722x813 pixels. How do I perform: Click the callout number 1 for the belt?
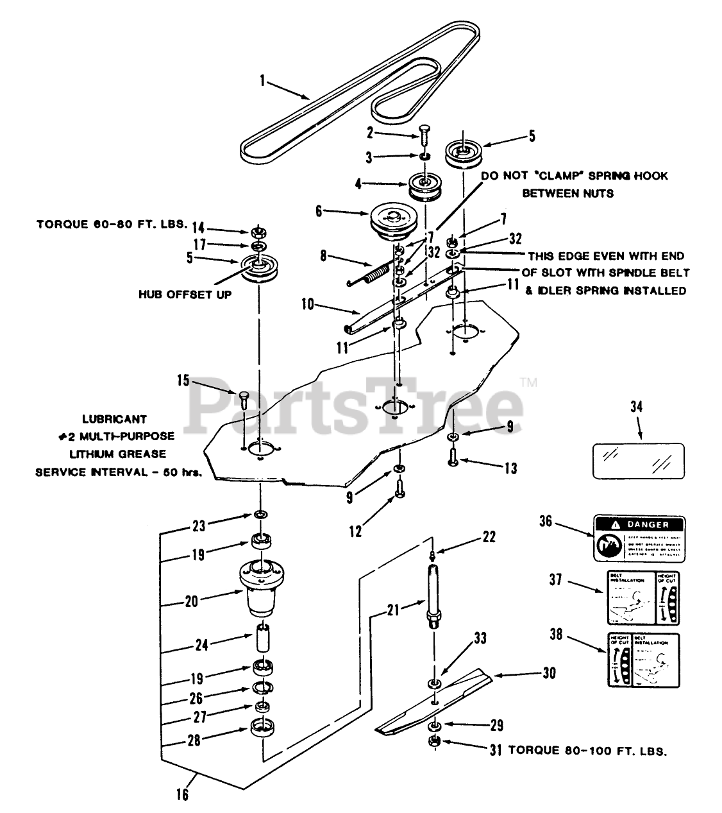(262, 81)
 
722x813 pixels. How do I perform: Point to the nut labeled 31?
(433, 744)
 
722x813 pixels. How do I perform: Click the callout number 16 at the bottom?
(183, 794)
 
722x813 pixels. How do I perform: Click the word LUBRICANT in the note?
(115, 419)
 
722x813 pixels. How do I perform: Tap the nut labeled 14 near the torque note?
(258, 231)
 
